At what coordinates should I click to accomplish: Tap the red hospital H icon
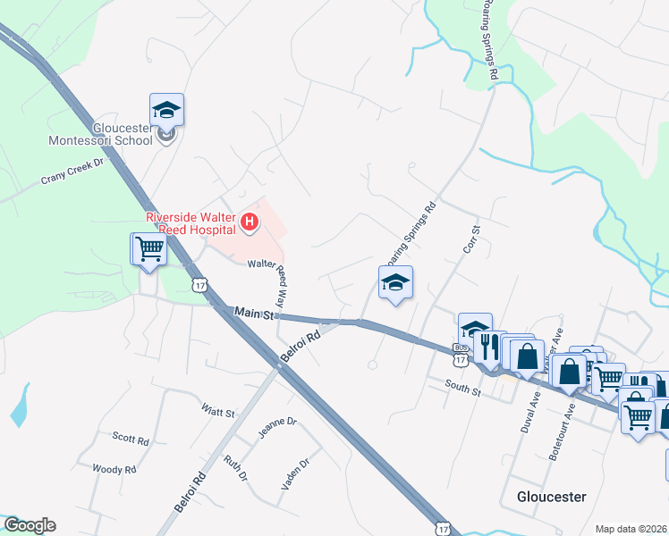(x=250, y=221)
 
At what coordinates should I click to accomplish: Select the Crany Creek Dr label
(x=72, y=171)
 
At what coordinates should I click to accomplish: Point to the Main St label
(x=253, y=313)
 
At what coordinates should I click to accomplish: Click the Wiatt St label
(x=217, y=413)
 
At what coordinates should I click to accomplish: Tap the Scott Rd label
(x=131, y=439)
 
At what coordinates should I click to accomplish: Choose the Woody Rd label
(x=114, y=468)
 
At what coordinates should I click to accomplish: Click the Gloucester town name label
(x=551, y=496)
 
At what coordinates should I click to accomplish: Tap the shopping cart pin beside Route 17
(x=149, y=250)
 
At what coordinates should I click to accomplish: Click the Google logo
(x=30, y=525)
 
